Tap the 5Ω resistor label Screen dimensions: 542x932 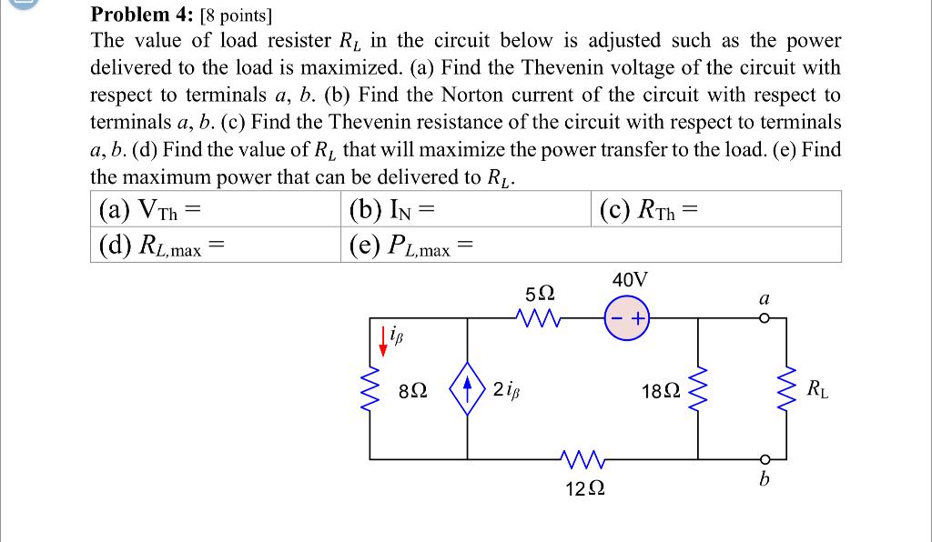[539, 293]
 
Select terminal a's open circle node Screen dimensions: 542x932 [765, 318]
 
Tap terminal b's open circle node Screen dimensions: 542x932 [765, 457]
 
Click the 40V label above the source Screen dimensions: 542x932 [631, 279]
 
